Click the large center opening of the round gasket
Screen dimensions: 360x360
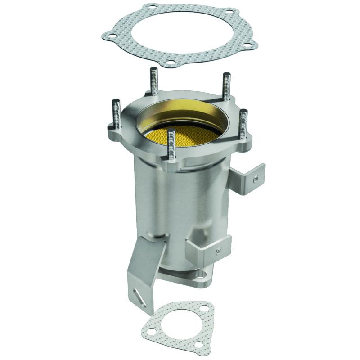coord(180,34)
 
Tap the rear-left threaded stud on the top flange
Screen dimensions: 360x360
coord(153,81)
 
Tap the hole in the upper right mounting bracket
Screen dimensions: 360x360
coord(256,179)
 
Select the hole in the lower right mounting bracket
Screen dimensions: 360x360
coord(219,250)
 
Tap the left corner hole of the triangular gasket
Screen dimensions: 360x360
coord(153,331)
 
